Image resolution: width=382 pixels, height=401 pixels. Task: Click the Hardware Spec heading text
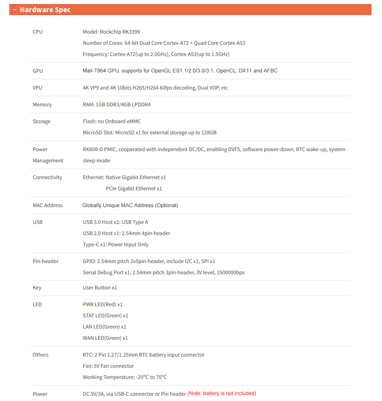(x=45, y=10)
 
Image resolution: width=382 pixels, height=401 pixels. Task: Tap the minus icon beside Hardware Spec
(x=15, y=10)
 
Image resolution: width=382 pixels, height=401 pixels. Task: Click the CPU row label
(x=38, y=32)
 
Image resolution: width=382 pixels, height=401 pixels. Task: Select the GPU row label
(x=38, y=71)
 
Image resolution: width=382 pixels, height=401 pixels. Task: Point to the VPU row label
(x=37, y=88)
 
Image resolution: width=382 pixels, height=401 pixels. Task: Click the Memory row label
(x=42, y=105)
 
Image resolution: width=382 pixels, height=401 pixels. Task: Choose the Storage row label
(x=41, y=121)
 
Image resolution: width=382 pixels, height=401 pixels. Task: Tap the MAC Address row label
(x=47, y=205)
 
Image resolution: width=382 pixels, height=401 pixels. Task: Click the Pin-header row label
(x=45, y=261)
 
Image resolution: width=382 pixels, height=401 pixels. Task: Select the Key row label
(x=37, y=288)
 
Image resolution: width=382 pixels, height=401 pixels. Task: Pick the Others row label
(x=41, y=355)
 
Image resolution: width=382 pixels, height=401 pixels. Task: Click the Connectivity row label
(x=47, y=177)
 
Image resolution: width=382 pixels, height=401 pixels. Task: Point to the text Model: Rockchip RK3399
(x=111, y=32)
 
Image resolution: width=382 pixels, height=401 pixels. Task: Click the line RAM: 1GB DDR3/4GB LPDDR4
(x=117, y=105)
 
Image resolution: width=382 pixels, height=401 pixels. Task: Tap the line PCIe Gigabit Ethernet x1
(x=134, y=189)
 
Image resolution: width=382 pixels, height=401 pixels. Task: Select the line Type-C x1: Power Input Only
(x=116, y=245)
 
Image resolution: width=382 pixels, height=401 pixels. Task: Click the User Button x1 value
(x=100, y=288)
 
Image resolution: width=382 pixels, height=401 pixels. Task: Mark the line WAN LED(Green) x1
(x=105, y=338)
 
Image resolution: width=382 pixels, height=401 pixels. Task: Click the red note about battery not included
(x=222, y=393)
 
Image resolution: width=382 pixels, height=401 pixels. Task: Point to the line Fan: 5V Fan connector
(x=108, y=366)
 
